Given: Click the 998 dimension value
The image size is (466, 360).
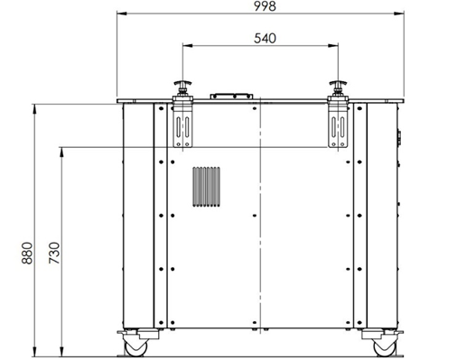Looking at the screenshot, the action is [x=265, y=6].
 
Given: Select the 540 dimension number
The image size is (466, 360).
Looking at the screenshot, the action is [x=265, y=39].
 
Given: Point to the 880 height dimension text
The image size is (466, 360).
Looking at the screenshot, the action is [x=27, y=253].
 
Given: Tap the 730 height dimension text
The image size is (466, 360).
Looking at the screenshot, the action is [x=54, y=253].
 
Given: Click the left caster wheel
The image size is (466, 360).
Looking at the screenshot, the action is [x=135, y=347].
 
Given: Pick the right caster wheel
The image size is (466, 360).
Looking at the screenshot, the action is [x=384, y=347].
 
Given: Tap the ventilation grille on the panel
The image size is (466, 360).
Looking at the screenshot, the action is [x=206, y=187].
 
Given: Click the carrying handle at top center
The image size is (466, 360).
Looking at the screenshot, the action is [x=231, y=97].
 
